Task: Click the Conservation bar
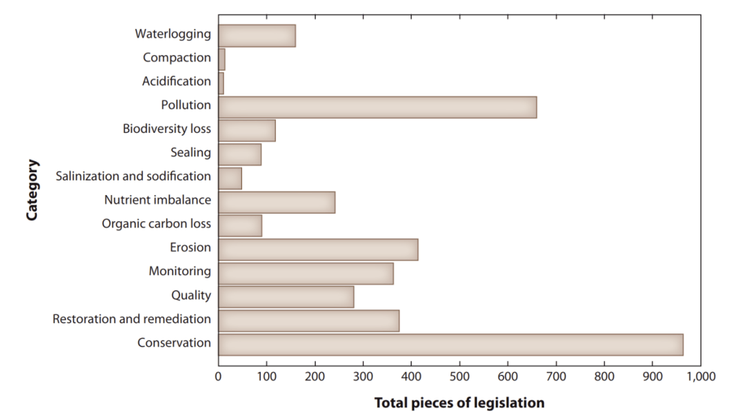point(451,345)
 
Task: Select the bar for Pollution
point(378,108)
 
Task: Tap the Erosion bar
point(318,249)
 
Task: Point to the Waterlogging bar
point(257,36)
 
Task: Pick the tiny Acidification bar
point(221,83)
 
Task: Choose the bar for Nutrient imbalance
point(277,202)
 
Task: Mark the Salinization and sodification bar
point(230,178)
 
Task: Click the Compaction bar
point(222,59)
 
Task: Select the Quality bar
point(286,297)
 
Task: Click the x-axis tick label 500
point(459,377)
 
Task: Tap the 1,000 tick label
point(701,377)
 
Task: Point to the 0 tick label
point(218,377)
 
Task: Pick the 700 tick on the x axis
point(556,377)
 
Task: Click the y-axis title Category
point(32,190)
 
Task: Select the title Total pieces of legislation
point(459,403)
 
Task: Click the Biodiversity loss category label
point(167,129)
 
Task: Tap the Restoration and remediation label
point(132,319)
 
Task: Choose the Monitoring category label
point(180,271)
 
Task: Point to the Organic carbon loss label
point(157,223)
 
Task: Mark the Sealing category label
point(191,152)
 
